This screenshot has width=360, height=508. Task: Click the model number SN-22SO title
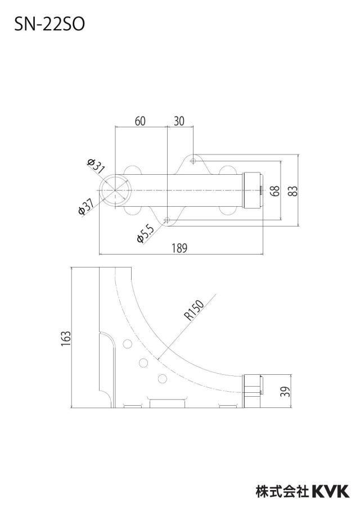coord(49,24)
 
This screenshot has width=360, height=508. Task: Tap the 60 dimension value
coord(140,121)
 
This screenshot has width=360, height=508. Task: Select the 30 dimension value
coord(179,121)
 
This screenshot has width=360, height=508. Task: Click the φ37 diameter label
coord(86,207)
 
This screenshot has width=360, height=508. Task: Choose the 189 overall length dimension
coord(179,248)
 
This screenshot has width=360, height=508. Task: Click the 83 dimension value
coord(293,191)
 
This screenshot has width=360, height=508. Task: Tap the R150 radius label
coord(194,310)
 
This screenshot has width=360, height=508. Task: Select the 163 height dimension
coord(66,338)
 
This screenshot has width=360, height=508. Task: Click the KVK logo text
coord(331,491)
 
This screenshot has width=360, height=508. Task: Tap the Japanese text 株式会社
coord(282,491)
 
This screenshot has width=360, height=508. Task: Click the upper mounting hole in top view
coord(193,161)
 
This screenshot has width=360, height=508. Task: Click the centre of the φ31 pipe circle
coord(115,190)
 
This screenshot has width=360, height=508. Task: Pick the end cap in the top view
coord(253,190)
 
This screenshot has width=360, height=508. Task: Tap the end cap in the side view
coord(253,391)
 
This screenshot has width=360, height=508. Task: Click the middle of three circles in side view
coord(143,362)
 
